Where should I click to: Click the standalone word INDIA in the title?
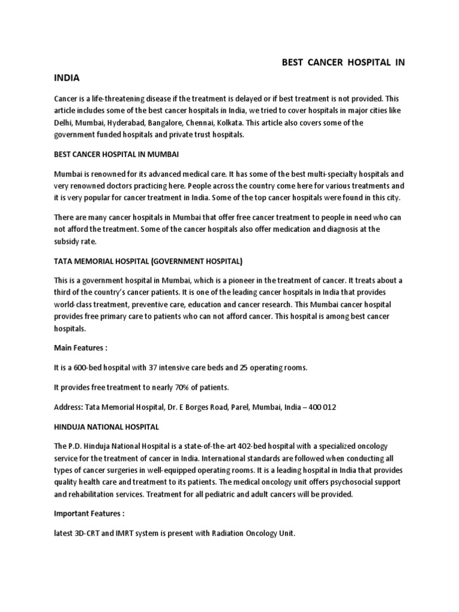click(66, 78)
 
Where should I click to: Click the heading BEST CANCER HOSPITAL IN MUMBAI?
click(117, 155)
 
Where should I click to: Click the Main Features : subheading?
click(81, 347)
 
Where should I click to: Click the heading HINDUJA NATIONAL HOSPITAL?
click(106, 427)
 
